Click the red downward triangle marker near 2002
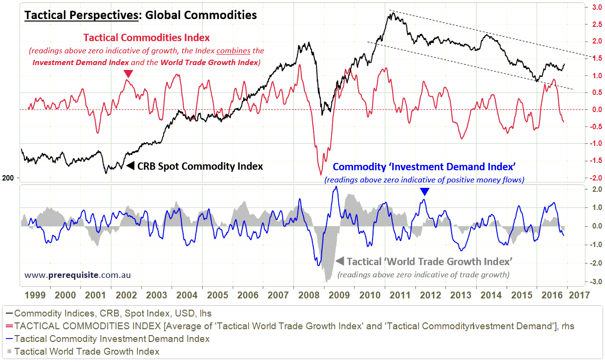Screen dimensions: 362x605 pyautogui.click(x=128, y=74)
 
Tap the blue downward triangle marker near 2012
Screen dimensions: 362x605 pyautogui.click(x=425, y=192)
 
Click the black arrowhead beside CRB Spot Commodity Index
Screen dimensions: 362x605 pyautogui.click(x=130, y=166)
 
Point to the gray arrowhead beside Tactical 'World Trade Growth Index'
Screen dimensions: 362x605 pyautogui.click(x=340, y=261)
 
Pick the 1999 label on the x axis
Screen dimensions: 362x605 pyautogui.click(x=37, y=295)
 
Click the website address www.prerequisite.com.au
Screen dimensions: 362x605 pyautogui.click(x=78, y=275)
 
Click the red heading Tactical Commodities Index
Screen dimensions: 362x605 pyautogui.click(x=146, y=38)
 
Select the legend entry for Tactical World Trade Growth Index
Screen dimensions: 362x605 pyautogui.click(x=87, y=351)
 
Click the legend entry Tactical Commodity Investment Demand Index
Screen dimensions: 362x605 pyautogui.click(x=112, y=339)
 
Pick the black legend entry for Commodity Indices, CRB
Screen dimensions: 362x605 pyautogui.click(x=112, y=313)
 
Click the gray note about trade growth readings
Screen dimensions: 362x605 pyautogui.click(x=423, y=274)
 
